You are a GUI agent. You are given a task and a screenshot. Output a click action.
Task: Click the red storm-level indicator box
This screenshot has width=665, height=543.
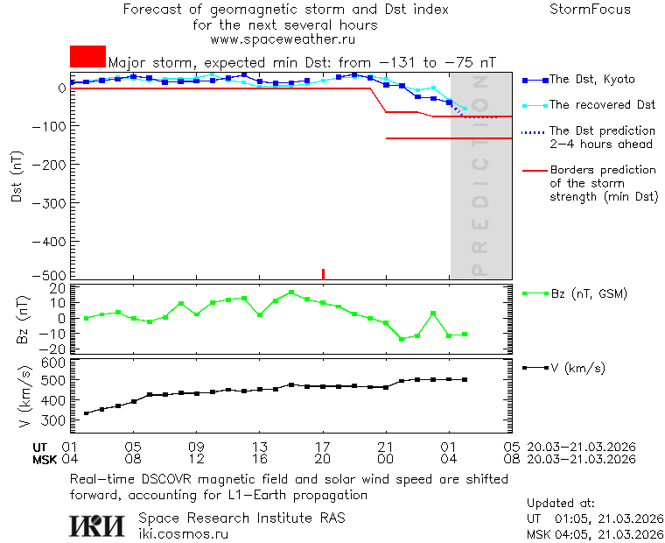tap(87, 57)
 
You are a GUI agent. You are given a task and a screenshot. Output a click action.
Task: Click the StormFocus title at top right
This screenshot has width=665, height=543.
tap(590, 10)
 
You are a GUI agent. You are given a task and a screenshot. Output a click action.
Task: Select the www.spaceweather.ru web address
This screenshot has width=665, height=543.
tap(283, 39)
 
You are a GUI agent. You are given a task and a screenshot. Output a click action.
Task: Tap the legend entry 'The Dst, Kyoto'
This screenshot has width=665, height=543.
tap(591, 80)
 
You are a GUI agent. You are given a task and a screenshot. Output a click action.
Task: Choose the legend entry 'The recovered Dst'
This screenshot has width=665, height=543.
tap(602, 105)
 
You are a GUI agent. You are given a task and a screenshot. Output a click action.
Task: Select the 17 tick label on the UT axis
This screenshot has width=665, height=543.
tap(323, 446)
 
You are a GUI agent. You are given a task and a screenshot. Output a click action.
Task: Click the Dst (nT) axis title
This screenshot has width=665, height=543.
tap(17, 178)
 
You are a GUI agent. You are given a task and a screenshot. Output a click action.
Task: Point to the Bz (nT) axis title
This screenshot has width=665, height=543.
tap(22, 319)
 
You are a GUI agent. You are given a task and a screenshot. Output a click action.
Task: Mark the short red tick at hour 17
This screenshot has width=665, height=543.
tap(323, 274)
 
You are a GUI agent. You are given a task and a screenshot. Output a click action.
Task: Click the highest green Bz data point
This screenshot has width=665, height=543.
tap(291, 293)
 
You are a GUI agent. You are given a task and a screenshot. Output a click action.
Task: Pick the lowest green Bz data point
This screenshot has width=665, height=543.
tap(402, 339)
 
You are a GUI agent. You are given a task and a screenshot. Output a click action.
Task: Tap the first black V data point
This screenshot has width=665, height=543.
tap(86, 413)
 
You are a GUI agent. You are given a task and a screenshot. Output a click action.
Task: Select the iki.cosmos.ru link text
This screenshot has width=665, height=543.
tap(184, 533)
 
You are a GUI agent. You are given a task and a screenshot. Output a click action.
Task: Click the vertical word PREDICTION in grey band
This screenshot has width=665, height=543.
tap(479, 175)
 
